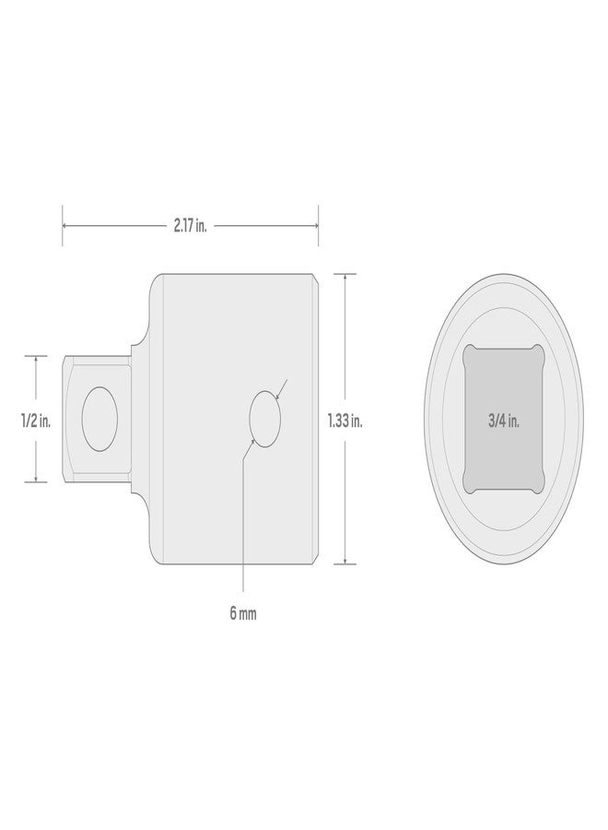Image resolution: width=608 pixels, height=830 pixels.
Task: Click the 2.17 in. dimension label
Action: [191, 226]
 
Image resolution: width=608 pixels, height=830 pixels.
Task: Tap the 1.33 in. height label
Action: [345, 421]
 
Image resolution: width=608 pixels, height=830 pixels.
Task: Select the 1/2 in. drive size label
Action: [36, 421]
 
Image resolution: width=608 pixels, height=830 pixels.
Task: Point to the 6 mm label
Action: [243, 614]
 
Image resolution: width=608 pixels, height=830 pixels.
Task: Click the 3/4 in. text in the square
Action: [504, 421]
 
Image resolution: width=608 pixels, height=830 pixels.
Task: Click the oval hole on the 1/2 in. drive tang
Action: [99, 419]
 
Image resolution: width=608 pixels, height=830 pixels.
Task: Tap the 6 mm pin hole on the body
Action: [264, 419]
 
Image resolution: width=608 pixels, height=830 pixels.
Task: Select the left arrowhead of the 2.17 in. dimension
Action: [65, 226]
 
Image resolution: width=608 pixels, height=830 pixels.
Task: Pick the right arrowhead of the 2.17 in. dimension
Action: [315, 226]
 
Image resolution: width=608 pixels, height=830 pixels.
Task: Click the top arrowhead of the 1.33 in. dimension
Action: [345, 277]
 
